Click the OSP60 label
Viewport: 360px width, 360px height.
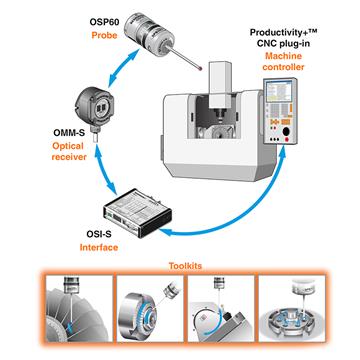pos(103,22)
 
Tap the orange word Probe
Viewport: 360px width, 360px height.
pos(104,35)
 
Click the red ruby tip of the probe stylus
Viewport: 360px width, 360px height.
pos(200,70)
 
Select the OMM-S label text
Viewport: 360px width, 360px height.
pos(69,134)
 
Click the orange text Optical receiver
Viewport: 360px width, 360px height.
pos(69,151)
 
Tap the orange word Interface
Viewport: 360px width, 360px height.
pos(99,247)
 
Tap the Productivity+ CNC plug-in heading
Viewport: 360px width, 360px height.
pos(281,37)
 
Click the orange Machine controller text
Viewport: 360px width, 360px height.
pos(283,61)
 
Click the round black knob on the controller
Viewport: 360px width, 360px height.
pos(286,132)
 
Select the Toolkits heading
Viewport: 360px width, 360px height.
pos(185,266)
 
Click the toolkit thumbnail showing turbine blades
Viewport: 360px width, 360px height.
pos(79,308)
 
